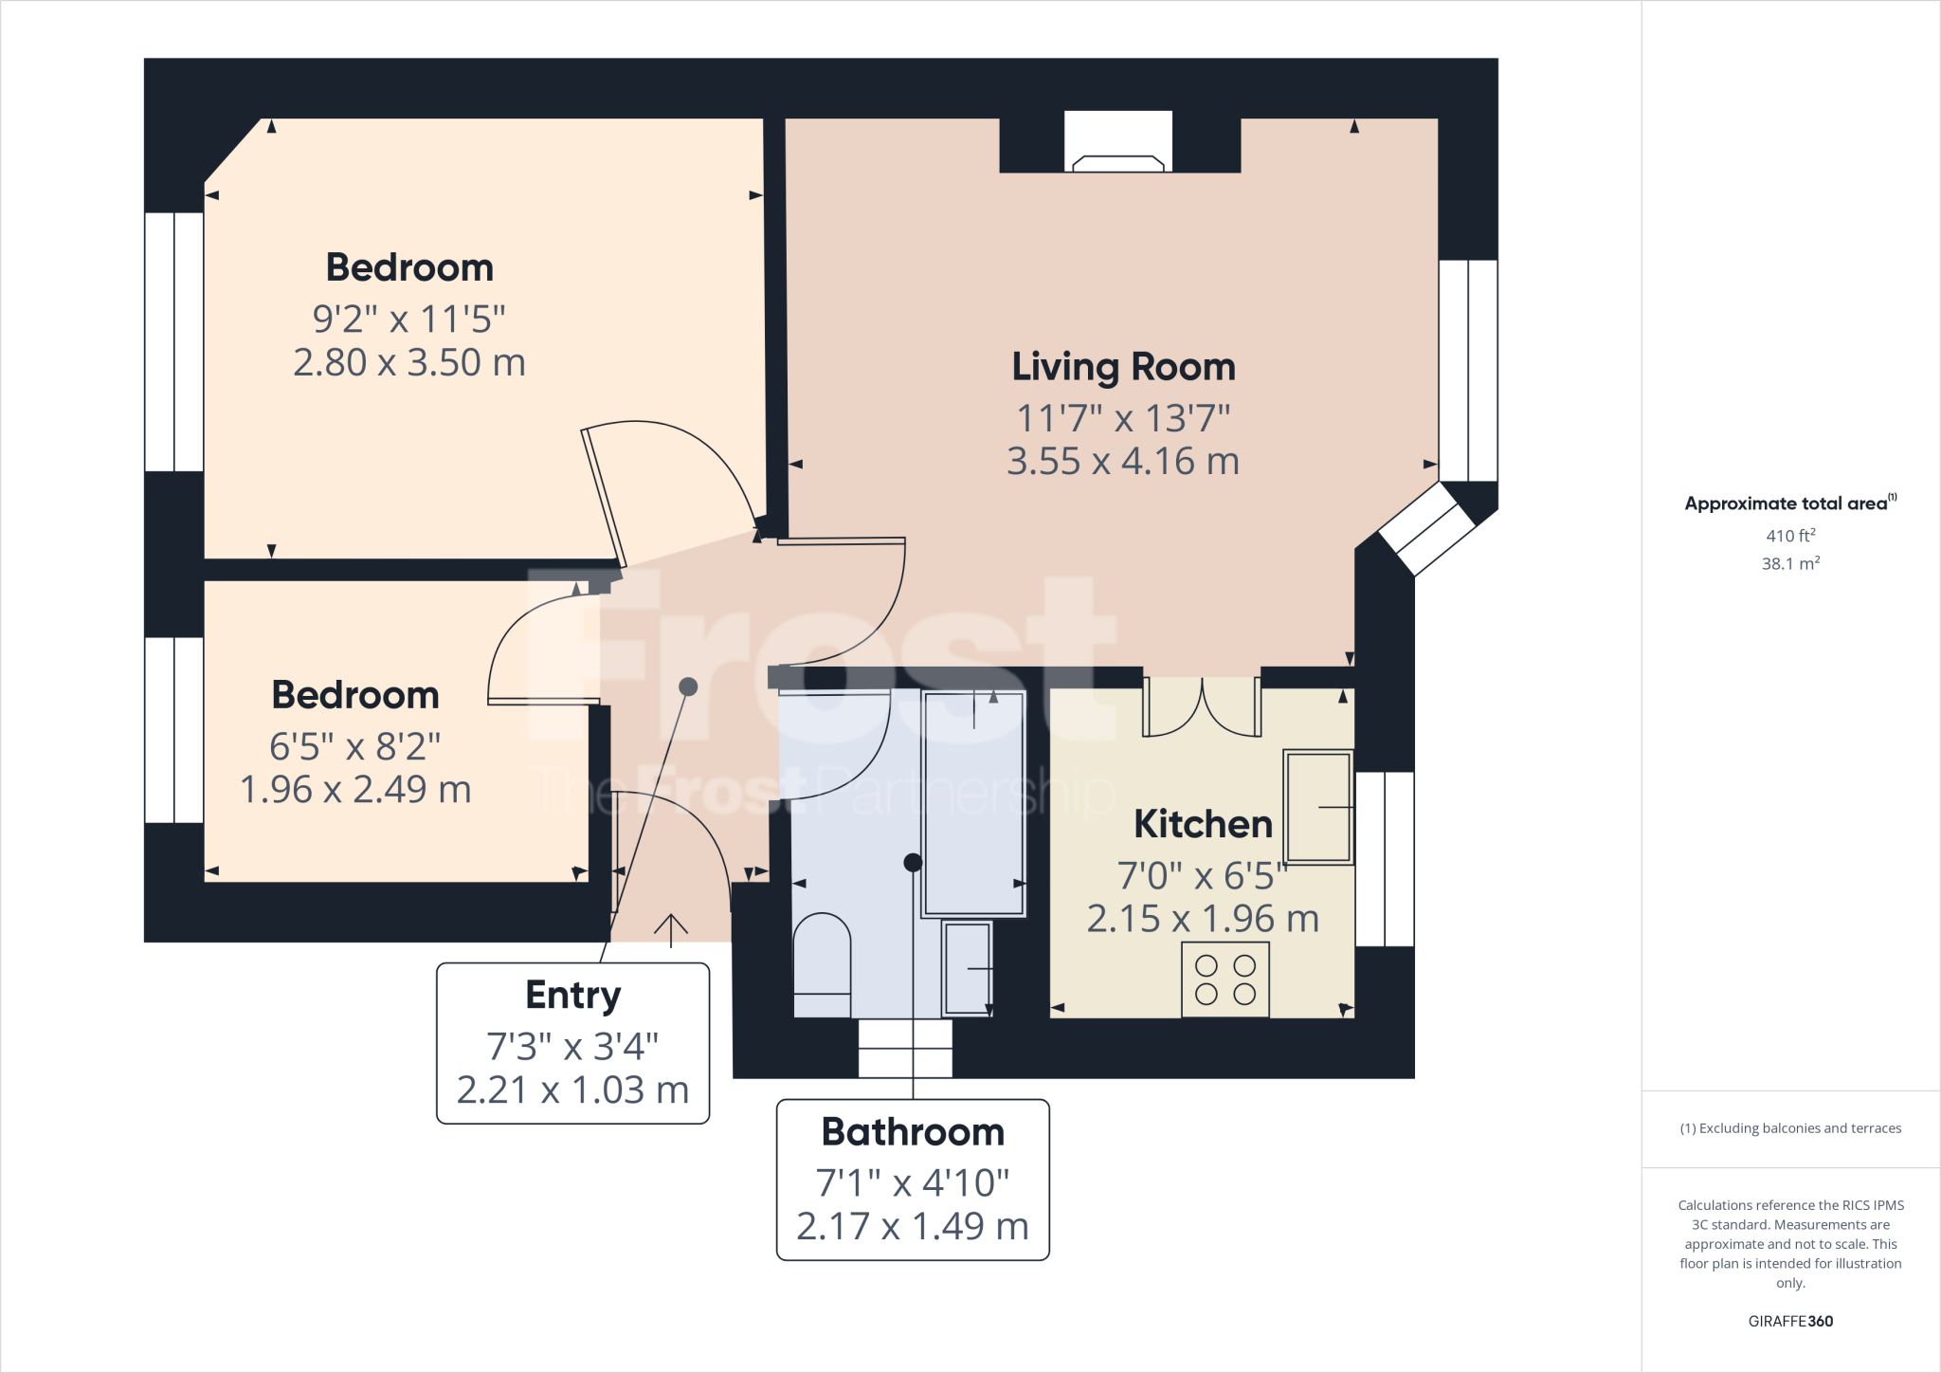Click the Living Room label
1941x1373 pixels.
1123,368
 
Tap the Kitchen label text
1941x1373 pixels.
1202,824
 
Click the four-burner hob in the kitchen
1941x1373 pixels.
1224,980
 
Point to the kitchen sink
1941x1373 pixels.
1317,807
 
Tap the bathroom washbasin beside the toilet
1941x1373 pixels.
967,968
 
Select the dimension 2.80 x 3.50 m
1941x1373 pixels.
408,363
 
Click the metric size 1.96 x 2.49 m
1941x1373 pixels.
355,790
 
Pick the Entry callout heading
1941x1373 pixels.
572,996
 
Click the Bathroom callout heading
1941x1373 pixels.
912,1132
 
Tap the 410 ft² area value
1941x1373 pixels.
1789,536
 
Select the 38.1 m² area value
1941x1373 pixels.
1789,563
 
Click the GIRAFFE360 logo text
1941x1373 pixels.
1789,1321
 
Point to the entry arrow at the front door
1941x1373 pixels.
671,929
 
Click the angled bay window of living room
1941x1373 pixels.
1427,529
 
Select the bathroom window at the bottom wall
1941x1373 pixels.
905,1048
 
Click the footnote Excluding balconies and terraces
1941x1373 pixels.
1789,1128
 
